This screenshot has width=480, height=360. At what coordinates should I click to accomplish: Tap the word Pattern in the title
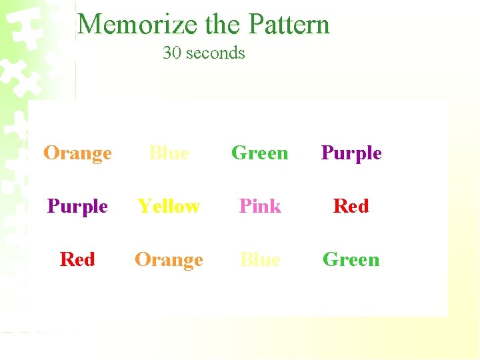(x=289, y=25)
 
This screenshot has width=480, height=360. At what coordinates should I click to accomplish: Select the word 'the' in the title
(x=224, y=25)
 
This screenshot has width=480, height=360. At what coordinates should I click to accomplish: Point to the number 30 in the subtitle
(x=171, y=53)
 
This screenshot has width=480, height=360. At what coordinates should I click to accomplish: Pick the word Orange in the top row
(x=78, y=153)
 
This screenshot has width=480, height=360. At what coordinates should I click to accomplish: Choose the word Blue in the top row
(x=169, y=153)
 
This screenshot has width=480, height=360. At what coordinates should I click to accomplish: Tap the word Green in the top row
(x=259, y=153)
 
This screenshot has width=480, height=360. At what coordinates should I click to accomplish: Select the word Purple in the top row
(x=351, y=153)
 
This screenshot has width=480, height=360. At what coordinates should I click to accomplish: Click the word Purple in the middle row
(x=78, y=207)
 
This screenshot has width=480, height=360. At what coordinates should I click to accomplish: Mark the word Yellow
(x=169, y=207)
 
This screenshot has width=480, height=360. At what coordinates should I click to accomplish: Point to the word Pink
(x=260, y=207)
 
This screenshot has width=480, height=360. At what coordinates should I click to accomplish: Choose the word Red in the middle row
(x=351, y=207)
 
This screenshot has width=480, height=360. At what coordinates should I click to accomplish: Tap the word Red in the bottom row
(x=77, y=259)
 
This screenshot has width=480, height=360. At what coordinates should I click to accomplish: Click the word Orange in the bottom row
(x=169, y=260)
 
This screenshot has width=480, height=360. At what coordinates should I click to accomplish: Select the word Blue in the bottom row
(x=260, y=259)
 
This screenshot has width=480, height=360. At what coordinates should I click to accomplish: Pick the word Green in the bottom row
(x=351, y=259)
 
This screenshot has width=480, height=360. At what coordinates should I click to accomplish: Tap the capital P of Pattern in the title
(x=255, y=25)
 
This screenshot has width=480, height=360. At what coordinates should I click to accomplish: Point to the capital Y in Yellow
(x=143, y=207)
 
